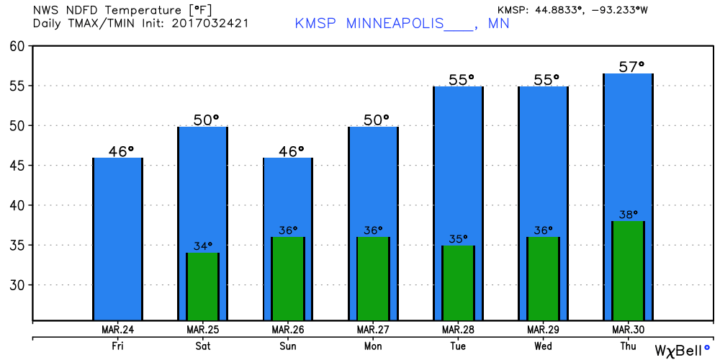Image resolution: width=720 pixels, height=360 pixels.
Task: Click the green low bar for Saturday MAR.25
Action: [x=202, y=287]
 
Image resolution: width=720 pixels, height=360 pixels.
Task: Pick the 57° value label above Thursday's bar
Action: [x=631, y=67]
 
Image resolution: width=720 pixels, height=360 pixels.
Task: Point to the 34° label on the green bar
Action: [x=202, y=246]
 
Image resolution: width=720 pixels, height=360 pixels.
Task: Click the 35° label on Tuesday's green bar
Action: [x=457, y=239]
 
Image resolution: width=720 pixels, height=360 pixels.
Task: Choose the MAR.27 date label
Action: [x=372, y=330]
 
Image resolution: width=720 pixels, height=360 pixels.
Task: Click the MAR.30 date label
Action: [x=627, y=330]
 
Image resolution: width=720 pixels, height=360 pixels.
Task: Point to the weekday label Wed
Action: [x=543, y=346]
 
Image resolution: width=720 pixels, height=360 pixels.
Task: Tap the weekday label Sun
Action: [x=288, y=346]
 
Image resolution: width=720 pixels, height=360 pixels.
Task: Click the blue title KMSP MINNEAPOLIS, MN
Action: [x=402, y=23]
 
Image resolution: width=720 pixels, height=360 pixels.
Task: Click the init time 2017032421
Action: [x=216, y=24]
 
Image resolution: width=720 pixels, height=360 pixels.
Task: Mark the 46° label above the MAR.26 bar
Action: [x=287, y=151]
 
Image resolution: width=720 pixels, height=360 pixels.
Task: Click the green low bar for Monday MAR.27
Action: [x=372, y=279]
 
